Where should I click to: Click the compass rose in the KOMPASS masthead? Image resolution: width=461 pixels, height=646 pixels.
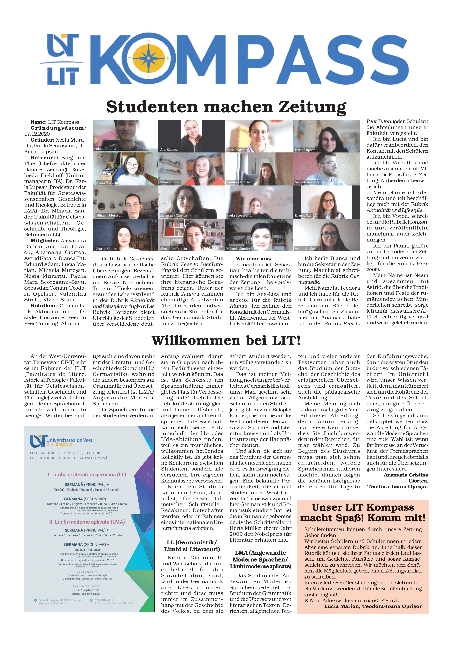point(148,59)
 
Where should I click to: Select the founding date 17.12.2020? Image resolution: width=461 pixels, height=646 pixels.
point(37,134)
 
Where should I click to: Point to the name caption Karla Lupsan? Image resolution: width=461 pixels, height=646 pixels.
point(305,150)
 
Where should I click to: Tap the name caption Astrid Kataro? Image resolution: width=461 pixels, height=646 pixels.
point(106,249)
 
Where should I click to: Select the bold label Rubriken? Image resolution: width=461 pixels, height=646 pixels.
point(44,306)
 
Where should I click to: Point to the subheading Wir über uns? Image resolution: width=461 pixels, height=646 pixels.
point(253,259)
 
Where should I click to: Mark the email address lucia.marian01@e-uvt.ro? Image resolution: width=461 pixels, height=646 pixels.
point(374,600)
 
